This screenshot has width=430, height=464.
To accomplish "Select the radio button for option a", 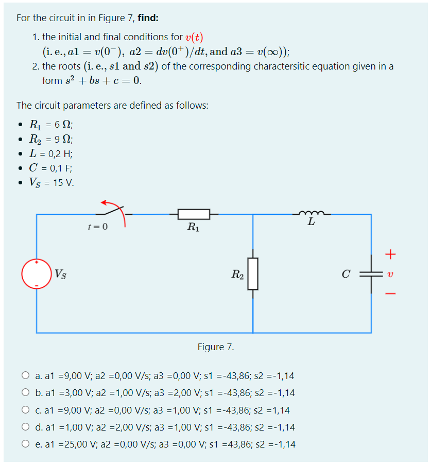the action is [x=25, y=376].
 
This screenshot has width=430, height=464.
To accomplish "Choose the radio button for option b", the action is [x=25, y=393].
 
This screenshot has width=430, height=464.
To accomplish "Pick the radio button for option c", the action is [x=25, y=410].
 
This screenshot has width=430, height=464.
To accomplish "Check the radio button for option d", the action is [x=25, y=427].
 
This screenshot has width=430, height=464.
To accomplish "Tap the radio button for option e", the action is [x=25, y=444].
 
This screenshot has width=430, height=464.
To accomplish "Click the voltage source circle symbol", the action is [x=36, y=274].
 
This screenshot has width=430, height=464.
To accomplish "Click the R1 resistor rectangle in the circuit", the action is [x=194, y=214].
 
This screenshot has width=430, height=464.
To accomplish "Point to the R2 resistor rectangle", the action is [x=252, y=274].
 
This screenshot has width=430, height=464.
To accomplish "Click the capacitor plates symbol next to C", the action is [x=371, y=274].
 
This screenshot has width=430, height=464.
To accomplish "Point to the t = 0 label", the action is [x=98, y=227].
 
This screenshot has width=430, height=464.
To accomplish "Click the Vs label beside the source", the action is [x=60, y=274].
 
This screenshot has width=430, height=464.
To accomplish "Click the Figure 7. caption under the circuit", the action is [x=216, y=347].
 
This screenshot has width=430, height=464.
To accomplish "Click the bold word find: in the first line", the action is [x=148, y=18].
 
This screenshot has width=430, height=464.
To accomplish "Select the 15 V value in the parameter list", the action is [x=64, y=183].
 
